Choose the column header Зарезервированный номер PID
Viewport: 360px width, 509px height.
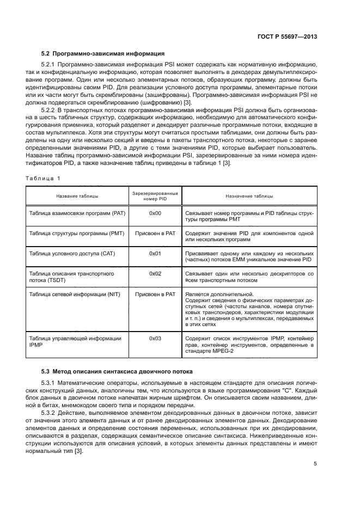coord(155,197)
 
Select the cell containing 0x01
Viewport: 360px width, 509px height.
coord(155,253)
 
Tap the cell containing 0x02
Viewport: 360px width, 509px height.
coord(155,273)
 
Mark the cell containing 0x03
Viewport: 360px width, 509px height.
coord(155,338)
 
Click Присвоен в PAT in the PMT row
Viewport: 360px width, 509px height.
coord(155,233)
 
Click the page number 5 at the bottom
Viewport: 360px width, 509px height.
coord(315,464)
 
